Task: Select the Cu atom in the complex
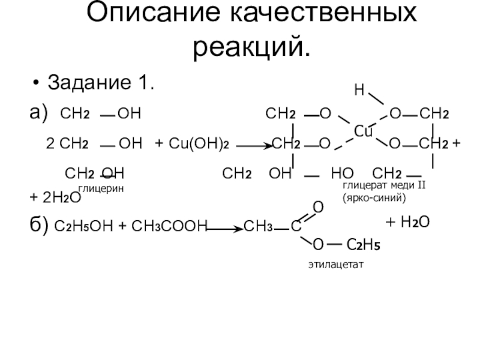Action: coord(363,130)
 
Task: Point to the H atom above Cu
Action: coord(359,91)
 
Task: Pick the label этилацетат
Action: coord(336,263)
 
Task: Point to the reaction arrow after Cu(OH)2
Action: coord(252,145)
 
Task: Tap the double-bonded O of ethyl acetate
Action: coord(319,208)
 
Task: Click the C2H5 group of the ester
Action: coord(366,245)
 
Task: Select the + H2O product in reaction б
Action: coord(406,222)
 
